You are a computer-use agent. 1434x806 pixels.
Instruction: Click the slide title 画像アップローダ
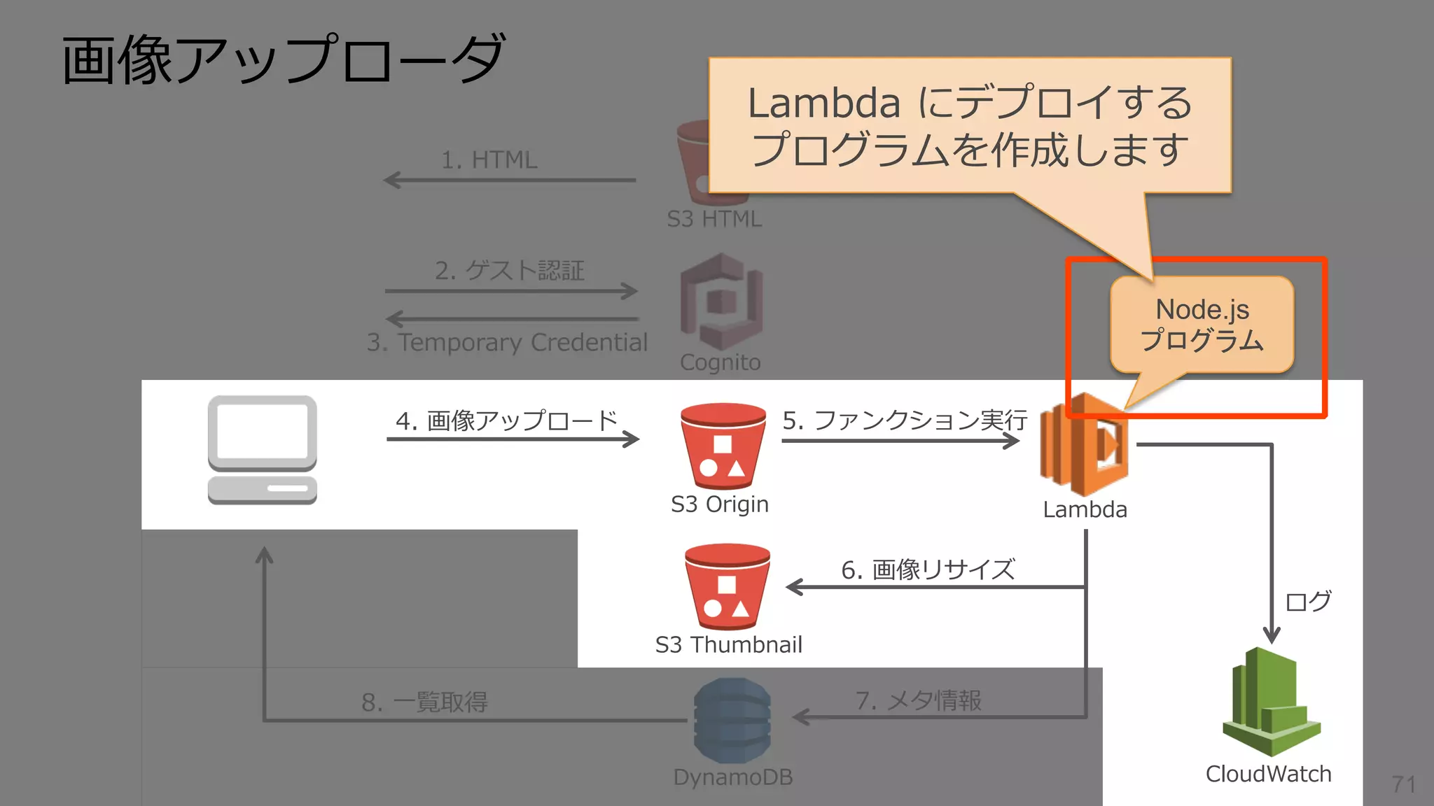click(x=283, y=60)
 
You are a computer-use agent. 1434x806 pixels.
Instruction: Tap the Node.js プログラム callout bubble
click(x=1202, y=325)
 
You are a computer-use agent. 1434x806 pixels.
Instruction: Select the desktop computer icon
click(x=262, y=450)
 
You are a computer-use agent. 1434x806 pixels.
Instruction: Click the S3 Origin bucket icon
click(x=723, y=446)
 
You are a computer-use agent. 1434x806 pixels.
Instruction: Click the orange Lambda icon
click(x=1083, y=445)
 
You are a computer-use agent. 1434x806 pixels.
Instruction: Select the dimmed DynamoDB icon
click(x=732, y=721)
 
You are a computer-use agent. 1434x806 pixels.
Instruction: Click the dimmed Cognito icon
click(x=721, y=302)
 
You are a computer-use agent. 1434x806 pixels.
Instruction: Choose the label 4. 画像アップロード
click(x=506, y=420)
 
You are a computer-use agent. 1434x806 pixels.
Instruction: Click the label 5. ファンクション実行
click(x=904, y=420)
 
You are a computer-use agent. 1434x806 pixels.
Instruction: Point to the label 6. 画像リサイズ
click(x=928, y=570)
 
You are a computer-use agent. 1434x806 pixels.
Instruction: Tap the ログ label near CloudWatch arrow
click(x=1307, y=601)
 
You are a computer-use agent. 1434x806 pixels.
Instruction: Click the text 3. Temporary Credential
click(x=507, y=343)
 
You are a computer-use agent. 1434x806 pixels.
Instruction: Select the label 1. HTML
click(x=489, y=160)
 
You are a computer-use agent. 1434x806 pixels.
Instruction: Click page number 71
click(x=1403, y=784)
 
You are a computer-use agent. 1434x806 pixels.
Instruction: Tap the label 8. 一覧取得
click(x=424, y=702)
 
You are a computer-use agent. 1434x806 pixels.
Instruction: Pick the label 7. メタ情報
click(x=918, y=700)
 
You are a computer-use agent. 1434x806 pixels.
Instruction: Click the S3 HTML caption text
click(x=714, y=219)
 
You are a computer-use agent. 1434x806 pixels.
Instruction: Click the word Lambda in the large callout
click(x=823, y=104)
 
